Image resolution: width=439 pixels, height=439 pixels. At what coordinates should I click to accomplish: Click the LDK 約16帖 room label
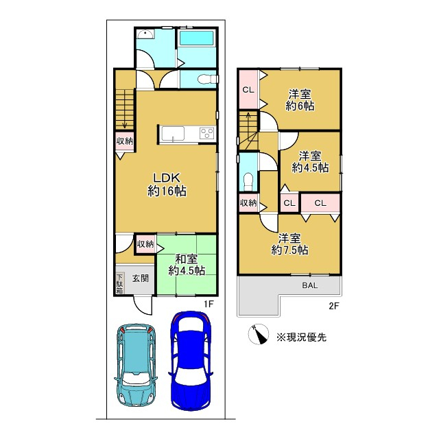click(167, 185)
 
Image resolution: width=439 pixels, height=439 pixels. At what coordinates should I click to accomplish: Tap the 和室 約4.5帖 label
click(187, 265)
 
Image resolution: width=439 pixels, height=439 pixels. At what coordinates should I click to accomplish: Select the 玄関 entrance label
click(140, 278)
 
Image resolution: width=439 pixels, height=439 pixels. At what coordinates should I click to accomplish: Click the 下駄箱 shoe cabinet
click(119, 283)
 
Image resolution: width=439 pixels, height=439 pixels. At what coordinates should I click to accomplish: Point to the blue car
click(191, 361)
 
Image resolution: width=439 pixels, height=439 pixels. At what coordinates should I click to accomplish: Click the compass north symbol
click(259, 334)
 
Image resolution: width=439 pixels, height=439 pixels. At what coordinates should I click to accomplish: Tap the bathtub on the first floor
click(196, 38)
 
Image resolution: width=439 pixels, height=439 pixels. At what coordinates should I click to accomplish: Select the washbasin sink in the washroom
click(145, 34)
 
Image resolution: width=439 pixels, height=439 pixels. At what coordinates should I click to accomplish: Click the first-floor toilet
click(208, 80)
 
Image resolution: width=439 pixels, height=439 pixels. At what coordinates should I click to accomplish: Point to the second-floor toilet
click(248, 181)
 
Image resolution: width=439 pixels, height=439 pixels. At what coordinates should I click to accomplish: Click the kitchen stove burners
click(207, 132)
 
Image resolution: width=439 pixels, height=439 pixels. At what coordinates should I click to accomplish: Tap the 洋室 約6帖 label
click(300, 99)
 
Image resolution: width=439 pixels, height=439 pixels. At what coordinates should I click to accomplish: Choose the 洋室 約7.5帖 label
click(289, 244)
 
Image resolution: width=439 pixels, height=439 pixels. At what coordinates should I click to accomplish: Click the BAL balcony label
click(310, 285)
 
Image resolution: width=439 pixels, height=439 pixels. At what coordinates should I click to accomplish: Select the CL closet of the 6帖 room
click(248, 90)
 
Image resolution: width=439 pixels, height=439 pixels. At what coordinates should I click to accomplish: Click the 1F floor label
click(209, 304)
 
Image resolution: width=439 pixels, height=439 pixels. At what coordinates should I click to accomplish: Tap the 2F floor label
click(334, 306)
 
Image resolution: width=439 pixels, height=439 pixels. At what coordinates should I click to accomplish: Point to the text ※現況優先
click(302, 337)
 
